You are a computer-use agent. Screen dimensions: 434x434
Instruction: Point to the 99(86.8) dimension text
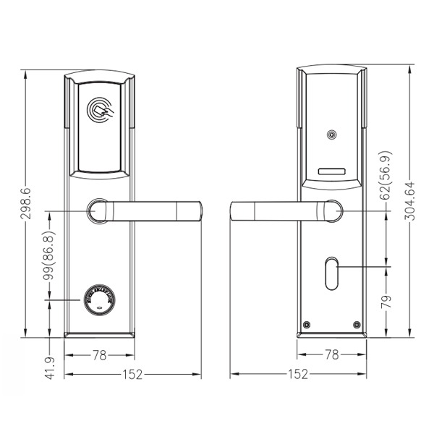click(x=49, y=257)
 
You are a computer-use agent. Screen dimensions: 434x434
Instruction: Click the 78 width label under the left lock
click(x=99, y=356)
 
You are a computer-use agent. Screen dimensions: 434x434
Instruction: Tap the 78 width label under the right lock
click(x=332, y=356)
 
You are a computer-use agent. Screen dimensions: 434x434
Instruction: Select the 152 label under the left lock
click(x=132, y=375)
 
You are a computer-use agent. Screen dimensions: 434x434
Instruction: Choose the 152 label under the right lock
click(x=297, y=375)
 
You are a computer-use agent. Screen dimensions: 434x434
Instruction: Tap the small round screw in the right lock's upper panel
click(x=332, y=135)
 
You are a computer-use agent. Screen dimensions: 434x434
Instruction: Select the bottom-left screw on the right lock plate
click(x=307, y=324)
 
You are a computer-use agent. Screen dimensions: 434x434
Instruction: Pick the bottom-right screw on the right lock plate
click(x=357, y=324)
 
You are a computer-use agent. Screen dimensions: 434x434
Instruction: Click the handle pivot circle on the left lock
click(x=98, y=211)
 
